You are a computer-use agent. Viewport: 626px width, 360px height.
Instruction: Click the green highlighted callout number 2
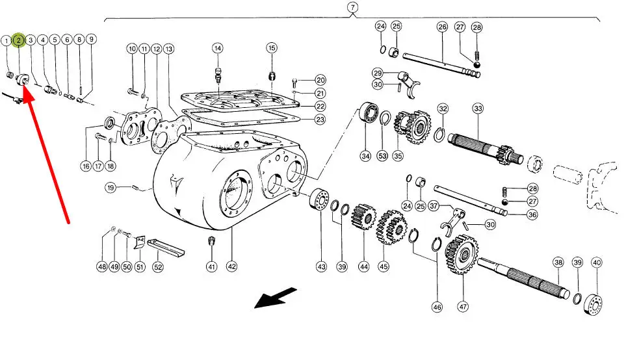(x=19, y=40)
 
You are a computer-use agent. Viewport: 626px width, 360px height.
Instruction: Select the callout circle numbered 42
(x=231, y=266)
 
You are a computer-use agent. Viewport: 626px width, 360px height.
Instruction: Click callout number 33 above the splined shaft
(x=478, y=108)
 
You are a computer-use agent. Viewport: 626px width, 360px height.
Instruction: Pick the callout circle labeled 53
(x=382, y=156)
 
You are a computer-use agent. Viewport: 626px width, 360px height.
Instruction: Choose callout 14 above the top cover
(x=217, y=48)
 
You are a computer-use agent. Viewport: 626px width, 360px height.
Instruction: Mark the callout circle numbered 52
(x=157, y=266)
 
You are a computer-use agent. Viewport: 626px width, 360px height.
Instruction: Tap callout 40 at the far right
(x=597, y=263)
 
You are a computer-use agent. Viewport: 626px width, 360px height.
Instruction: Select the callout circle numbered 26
(x=442, y=27)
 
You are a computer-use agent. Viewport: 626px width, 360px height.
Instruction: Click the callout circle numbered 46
(x=437, y=307)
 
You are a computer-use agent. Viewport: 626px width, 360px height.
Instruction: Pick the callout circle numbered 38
(x=558, y=263)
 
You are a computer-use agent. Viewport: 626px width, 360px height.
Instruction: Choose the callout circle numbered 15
(x=272, y=48)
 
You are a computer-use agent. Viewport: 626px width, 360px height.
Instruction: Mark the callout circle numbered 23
(x=320, y=120)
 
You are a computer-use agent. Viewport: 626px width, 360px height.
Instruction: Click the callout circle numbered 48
(x=101, y=266)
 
